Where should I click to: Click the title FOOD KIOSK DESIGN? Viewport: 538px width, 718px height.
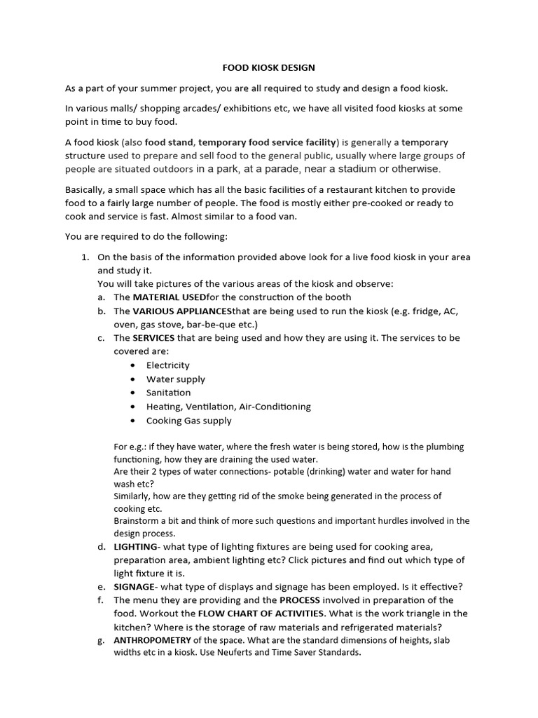tap(268, 68)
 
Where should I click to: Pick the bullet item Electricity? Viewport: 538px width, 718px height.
tap(167, 365)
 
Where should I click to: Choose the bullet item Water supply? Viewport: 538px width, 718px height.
tap(175, 379)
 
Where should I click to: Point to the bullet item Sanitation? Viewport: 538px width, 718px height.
tap(168, 393)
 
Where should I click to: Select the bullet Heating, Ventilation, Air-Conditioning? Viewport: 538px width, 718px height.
tap(228, 407)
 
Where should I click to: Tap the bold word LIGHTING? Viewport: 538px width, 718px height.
tap(137, 546)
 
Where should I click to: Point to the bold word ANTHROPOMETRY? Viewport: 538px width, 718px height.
tap(152, 640)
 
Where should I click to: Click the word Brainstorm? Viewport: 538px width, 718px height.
tap(137, 521)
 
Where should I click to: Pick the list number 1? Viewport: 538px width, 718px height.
tap(85, 257)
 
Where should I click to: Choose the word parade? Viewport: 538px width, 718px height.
tap(281, 169)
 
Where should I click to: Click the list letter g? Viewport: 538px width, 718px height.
tap(102, 640)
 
